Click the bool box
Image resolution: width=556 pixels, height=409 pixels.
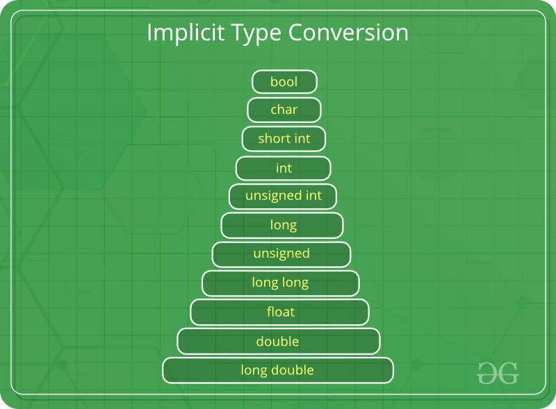(284, 82)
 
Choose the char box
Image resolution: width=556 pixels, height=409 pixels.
(284, 110)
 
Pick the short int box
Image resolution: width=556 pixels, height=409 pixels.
(284, 139)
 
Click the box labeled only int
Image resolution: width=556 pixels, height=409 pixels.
(284, 168)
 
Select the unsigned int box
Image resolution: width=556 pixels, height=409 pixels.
(283, 197)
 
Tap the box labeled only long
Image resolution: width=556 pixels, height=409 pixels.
(282, 225)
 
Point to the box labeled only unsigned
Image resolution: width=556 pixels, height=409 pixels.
(281, 254)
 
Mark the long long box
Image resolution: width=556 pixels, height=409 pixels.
(281, 283)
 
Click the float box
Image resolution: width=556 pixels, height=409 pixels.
(280, 312)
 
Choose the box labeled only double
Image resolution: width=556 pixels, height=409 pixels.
(278, 342)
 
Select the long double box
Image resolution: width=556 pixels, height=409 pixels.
(278, 370)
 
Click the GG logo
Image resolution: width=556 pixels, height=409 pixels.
(498, 373)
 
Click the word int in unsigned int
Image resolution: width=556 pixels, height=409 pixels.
(313, 197)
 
